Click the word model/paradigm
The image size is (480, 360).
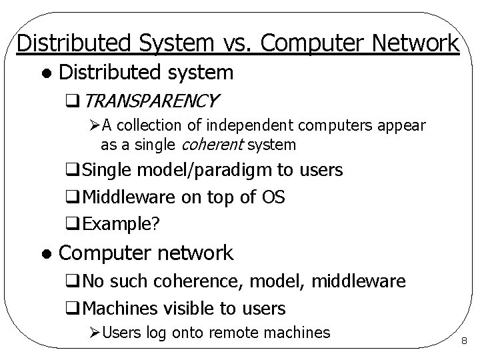(x=205, y=171)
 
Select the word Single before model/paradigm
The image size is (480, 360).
(x=108, y=171)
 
